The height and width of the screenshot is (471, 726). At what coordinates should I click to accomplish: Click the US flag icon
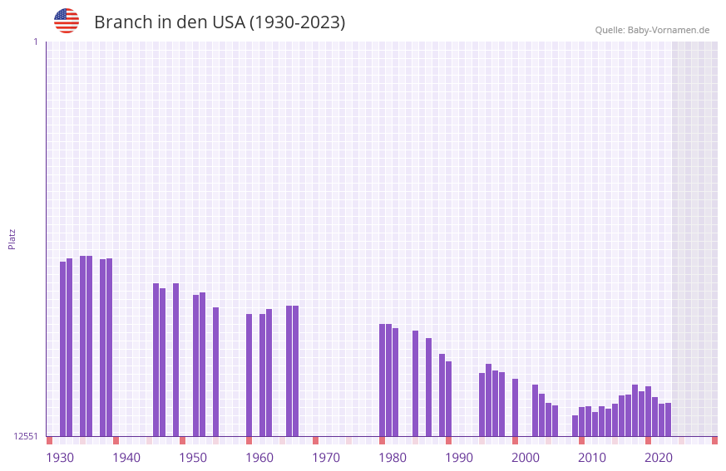pyautogui.click(x=67, y=21)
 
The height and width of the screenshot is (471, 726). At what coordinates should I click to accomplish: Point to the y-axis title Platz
pyautogui.click(x=12, y=238)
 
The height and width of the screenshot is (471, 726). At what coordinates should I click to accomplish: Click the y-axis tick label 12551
pyautogui.click(x=26, y=436)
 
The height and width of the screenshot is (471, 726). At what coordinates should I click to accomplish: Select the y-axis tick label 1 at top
pyautogui.click(x=35, y=42)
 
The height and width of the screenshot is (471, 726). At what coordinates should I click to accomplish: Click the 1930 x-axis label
pyautogui.click(x=60, y=458)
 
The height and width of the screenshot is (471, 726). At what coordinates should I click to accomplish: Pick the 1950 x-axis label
pyautogui.click(x=193, y=458)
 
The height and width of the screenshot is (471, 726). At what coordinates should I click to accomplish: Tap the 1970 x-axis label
pyautogui.click(x=326, y=458)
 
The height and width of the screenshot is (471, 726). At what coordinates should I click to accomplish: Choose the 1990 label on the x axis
pyautogui.click(x=459, y=458)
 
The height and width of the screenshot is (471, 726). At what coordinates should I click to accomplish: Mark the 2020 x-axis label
pyautogui.click(x=659, y=458)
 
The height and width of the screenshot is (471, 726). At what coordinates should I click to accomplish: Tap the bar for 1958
pyautogui.click(x=249, y=375)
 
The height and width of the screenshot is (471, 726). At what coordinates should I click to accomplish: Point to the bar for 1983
pyautogui.click(x=415, y=383)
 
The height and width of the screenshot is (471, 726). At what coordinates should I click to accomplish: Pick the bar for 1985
pyautogui.click(x=428, y=387)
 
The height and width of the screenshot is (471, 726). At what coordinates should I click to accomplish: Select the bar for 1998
pyautogui.click(x=515, y=407)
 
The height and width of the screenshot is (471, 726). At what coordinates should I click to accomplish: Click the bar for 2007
pyautogui.click(x=575, y=425)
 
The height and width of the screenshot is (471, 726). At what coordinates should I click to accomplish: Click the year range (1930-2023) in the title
pyautogui.click(x=297, y=22)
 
